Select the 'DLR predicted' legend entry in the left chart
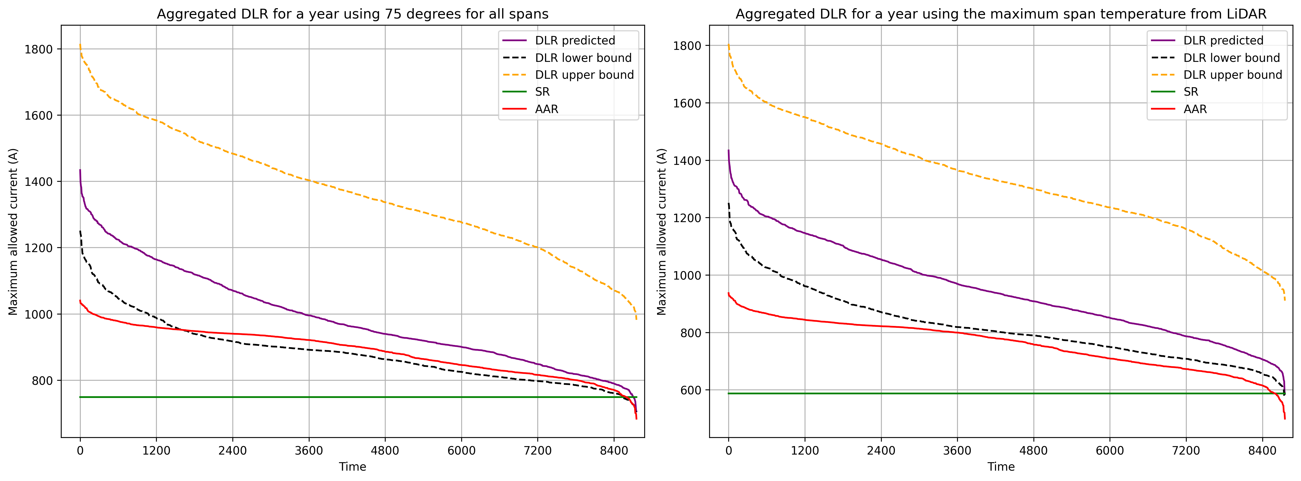click(575, 40)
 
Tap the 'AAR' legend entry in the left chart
click(547, 109)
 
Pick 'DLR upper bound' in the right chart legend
click(1232, 75)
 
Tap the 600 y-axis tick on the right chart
click(690, 390)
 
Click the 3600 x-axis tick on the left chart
click(308, 450)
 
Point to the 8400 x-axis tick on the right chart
click(1262, 450)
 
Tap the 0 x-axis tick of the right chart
click(728, 450)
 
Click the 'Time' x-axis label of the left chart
click(352, 466)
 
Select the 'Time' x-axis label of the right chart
click(1001, 466)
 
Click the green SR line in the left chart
click(353, 397)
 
